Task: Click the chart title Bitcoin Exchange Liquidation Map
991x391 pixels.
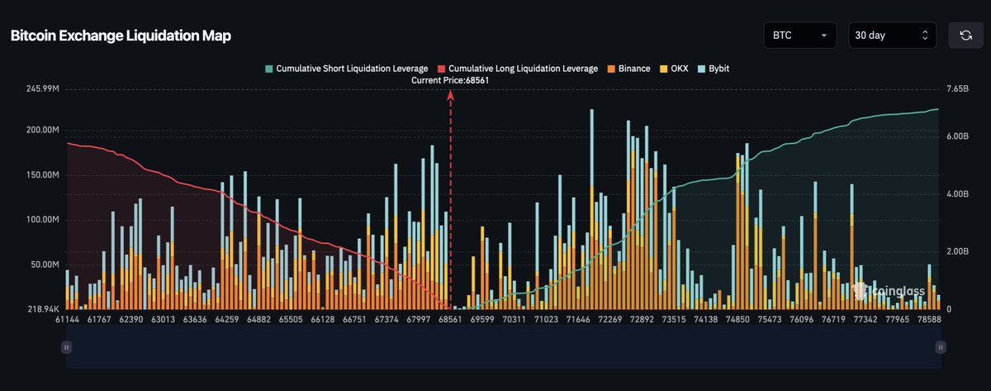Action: click(x=121, y=36)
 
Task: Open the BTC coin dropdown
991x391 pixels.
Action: click(x=800, y=36)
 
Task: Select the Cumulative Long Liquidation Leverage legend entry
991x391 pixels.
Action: click(x=517, y=69)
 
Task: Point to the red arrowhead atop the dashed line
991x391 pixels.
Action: click(x=451, y=94)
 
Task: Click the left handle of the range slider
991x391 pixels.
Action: click(x=66, y=349)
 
